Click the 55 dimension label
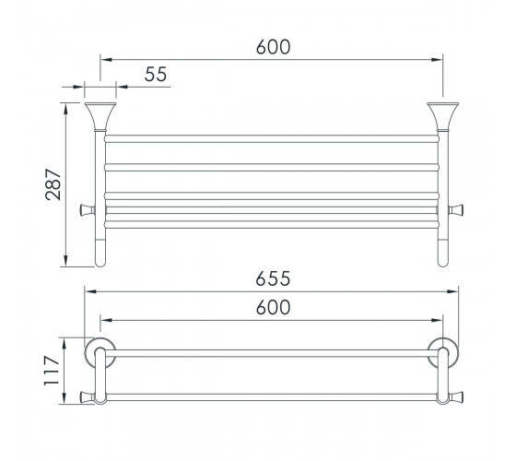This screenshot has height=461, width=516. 156,74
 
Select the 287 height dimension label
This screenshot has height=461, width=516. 53,184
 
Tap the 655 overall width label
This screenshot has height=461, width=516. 273,278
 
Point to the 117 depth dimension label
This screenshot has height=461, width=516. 52,371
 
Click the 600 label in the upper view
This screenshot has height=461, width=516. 273,47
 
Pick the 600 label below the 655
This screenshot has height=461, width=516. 273,307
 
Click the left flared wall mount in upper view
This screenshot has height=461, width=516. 100,116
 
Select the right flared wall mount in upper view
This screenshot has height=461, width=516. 442,116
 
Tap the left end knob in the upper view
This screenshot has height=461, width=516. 88,210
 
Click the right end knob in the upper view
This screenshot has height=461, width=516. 456,210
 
